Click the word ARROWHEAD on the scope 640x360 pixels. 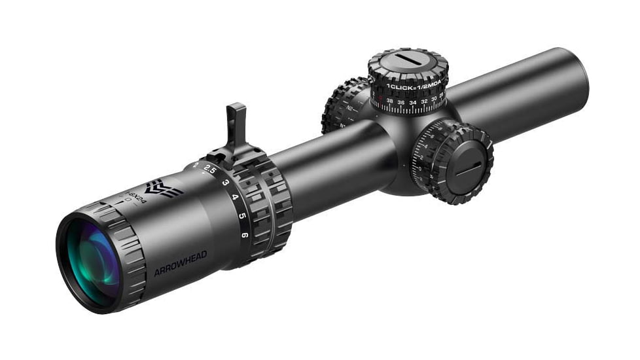180,262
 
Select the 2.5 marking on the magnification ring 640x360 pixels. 209,169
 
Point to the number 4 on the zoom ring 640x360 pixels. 234,198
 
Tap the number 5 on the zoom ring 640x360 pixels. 241,215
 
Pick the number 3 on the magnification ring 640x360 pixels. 224,182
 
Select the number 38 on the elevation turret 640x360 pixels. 390,101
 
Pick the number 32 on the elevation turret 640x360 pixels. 425,101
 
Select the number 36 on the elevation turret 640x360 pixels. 402,102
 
